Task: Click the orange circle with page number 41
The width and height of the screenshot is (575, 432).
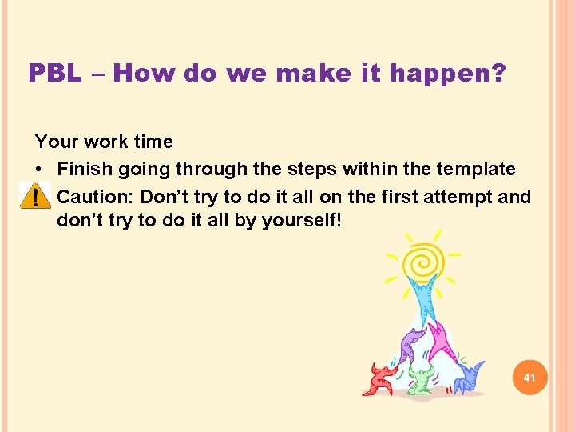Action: pos(529,377)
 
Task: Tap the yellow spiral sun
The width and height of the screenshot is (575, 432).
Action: pos(422,260)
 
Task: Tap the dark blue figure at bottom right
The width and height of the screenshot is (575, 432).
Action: pos(466,376)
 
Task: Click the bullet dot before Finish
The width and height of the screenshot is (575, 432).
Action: pos(40,170)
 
